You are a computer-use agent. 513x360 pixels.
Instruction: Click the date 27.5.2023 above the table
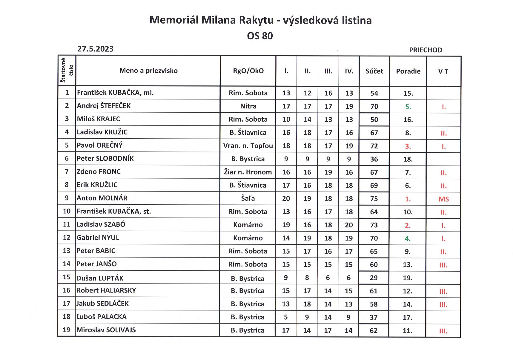coord(95,49)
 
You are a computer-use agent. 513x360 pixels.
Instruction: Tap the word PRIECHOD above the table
coord(426,50)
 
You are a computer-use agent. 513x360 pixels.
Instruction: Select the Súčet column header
coord(374,71)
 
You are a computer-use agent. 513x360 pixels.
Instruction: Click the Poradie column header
coord(408,71)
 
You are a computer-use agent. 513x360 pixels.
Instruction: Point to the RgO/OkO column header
coord(248,71)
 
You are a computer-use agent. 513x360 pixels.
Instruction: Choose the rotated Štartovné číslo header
coord(67,71)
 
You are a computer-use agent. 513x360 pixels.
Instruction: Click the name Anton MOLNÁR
coord(102,198)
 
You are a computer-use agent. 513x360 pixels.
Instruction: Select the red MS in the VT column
coord(443,199)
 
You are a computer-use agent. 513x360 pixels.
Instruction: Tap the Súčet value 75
coord(374,199)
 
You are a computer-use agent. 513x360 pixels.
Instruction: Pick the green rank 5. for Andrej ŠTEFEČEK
coord(408,107)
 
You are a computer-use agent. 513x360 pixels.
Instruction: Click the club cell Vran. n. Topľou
coord(248,146)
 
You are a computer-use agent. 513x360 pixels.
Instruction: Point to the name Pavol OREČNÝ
coord(100,145)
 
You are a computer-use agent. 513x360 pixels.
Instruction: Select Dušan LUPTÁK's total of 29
coord(374,278)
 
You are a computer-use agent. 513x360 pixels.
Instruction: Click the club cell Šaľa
coord(248,198)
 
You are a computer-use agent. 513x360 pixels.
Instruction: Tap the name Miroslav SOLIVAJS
coord(106,330)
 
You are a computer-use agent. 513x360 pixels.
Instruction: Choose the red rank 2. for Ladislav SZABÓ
coord(408,225)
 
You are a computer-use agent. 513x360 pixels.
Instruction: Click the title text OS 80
coord(260,36)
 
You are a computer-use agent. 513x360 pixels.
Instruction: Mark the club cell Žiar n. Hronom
coord(248,172)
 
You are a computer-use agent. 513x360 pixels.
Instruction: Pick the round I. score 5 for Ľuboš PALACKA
coord(286,317)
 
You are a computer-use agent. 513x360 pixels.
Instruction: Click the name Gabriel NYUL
coord(98,238)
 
